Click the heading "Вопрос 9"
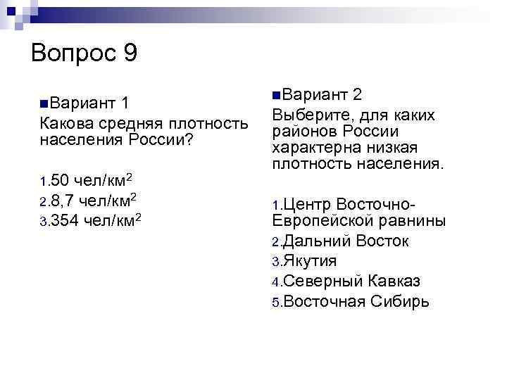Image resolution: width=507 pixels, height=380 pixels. (84, 53)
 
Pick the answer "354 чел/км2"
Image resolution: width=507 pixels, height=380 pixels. (99, 220)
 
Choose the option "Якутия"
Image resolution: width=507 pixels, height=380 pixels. (309, 261)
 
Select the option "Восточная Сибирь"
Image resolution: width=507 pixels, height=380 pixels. (356, 301)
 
